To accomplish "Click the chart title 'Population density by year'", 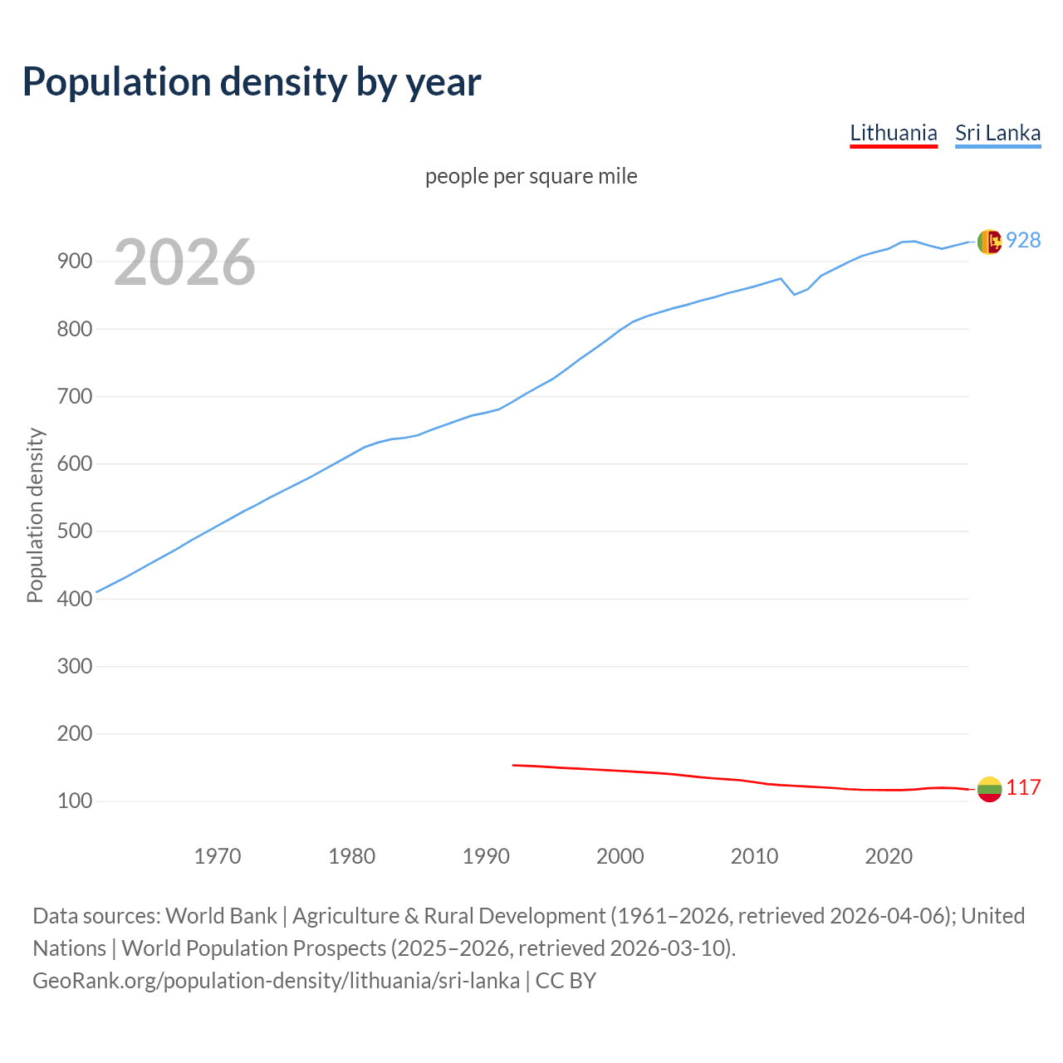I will (252, 81).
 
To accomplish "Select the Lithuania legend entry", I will (893, 133).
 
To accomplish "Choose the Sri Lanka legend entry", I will (997, 133).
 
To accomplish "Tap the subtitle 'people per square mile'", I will (531, 176).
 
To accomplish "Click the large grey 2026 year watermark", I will (184, 262).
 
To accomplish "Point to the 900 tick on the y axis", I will (74, 262).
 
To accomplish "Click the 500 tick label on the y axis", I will (74, 531).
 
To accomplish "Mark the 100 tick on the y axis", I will (74, 801).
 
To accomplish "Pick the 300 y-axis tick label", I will (74, 666).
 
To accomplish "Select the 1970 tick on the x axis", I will (218, 855).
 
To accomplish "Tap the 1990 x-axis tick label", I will (486, 855).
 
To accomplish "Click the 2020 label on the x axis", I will (889, 855).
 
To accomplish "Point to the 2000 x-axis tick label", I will (620, 855).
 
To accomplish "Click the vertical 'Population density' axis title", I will (35, 515).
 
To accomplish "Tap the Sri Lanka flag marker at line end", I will (989, 242).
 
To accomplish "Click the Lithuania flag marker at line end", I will (989, 789).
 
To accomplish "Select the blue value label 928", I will (1023, 240).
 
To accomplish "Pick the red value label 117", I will (1023, 787).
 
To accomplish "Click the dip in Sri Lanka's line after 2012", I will (794, 294).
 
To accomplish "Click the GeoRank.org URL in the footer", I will (276, 980).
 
